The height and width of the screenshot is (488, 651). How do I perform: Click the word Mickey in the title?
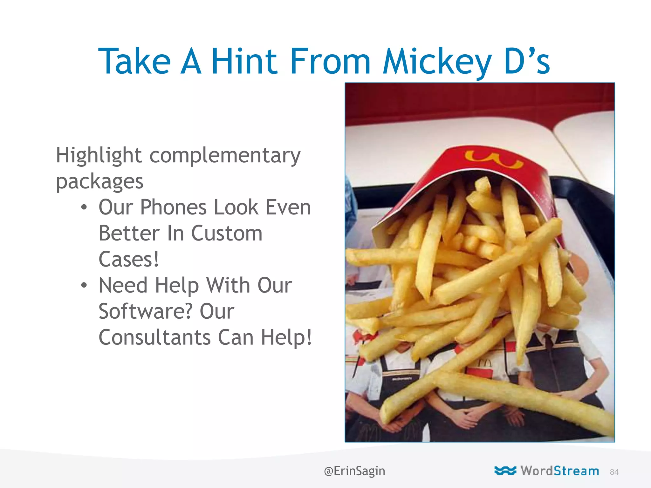pos(437,61)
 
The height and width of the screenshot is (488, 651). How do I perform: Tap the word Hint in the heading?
pos(244,61)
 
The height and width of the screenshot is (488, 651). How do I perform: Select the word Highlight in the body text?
pos(99,156)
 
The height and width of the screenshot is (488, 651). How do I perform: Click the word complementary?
pos(225,156)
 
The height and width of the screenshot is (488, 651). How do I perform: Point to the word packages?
pos(99,182)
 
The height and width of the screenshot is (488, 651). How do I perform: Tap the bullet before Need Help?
pos(84,285)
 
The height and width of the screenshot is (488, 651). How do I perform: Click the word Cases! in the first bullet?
pos(128,260)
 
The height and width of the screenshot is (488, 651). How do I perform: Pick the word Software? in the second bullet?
pos(146,311)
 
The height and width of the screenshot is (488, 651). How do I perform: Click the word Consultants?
pos(154,337)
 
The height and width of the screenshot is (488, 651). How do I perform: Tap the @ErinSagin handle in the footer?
pos(354,471)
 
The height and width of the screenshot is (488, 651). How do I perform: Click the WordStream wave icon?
pos(505,471)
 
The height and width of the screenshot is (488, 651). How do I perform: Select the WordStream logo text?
pos(560,471)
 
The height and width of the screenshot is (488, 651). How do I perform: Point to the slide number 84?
pos(614,472)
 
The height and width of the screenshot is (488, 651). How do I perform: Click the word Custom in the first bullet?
pos(227,234)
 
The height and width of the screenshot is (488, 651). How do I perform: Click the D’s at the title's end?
pos(527,61)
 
